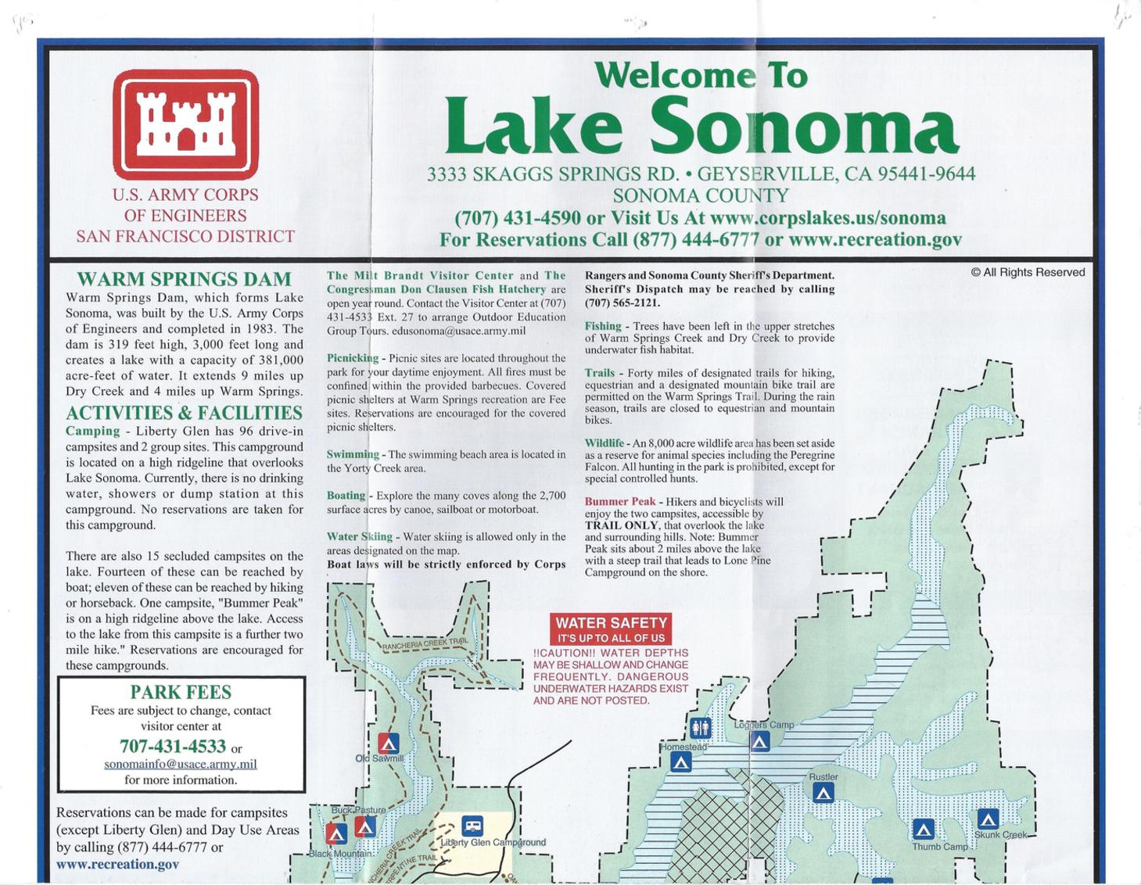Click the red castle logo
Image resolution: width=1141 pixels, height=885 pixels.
click(185, 125)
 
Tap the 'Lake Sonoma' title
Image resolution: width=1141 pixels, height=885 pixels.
click(701, 126)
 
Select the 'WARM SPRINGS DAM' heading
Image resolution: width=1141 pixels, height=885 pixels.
click(184, 279)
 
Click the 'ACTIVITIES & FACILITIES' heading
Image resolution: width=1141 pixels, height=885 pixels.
click(184, 413)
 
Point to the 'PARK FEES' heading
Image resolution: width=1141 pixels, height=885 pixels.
click(181, 692)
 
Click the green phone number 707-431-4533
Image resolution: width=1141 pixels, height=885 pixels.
click(172, 746)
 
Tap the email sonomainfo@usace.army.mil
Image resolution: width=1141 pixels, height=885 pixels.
click(181, 764)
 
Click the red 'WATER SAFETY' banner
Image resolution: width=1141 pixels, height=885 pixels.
click(611, 629)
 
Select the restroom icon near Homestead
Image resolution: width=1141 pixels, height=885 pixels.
click(701, 728)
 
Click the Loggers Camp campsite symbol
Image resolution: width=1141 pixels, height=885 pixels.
click(759, 741)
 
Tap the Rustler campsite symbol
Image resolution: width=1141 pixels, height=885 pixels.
click(823, 793)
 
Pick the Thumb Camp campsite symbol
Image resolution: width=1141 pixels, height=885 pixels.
click(924, 829)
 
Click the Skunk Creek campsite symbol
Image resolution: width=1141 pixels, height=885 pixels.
click(988, 819)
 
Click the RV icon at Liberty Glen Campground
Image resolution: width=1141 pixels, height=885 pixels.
click(472, 826)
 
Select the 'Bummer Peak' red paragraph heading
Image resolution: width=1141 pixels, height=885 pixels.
click(620, 502)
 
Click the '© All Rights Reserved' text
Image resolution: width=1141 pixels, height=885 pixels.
click(1028, 272)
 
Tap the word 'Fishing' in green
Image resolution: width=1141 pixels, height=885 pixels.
click(603, 326)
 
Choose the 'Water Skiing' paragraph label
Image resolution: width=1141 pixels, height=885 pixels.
click(360, 536)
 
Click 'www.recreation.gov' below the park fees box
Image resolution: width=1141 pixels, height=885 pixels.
click(117, 864)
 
